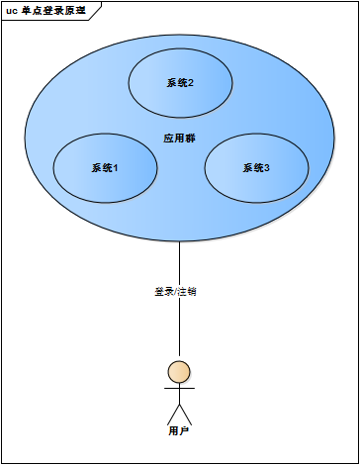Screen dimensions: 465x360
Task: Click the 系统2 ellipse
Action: (x=180, y=99)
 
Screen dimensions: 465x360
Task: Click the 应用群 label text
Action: (x=179, y=139)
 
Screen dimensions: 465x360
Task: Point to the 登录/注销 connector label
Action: (x=175, y=292)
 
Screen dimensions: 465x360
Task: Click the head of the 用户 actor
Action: (x=179, y=372)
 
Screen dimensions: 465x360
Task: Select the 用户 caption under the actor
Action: (x=179, y=431)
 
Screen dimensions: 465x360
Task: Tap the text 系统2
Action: (x=180, y=83)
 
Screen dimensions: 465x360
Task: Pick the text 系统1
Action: (x=105, y=168)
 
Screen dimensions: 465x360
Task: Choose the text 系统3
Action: (x=256, y=168)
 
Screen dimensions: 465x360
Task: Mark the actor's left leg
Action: (x=173, y=414)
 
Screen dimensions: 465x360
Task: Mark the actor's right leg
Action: (x=185, y=414)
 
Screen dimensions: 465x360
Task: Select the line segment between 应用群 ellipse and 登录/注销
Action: (x=179, y=262)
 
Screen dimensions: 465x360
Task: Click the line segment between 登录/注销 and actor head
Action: (x=179, y=331)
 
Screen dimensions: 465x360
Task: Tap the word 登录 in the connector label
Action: (x=163, y=292)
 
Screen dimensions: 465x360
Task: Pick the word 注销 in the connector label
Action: (x=187, y=292)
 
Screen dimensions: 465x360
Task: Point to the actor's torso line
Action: (x=179, y=397)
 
